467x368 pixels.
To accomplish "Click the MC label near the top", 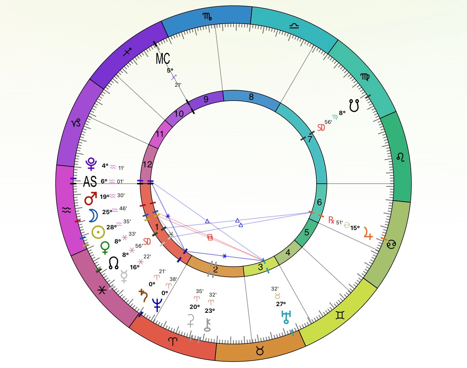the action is point(163,58).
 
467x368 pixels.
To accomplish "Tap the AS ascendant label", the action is point(90,182).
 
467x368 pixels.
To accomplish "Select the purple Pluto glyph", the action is point(91,164).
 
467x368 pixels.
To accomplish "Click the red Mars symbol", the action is point(91,198).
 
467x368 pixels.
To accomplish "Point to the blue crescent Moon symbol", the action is point(93,215).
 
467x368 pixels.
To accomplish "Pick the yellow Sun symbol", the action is point(98,232).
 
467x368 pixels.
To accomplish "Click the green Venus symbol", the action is point(105,247).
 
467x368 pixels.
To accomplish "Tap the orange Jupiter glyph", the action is point(368,233).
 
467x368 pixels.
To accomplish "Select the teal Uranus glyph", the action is point(286,317).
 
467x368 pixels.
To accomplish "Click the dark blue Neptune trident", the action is point(157,305).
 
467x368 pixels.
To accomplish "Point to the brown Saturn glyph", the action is point(143,295).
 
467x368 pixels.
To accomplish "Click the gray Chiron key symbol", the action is point(207,325).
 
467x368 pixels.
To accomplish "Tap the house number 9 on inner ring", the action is point(206,99).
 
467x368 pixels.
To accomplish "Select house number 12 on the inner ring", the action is point(147,164).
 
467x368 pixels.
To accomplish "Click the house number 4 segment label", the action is point(288,252).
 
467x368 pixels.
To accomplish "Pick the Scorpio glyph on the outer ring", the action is point(207,16).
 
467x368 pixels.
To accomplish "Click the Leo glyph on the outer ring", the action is point(400,157).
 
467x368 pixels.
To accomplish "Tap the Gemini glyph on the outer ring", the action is point(340,315).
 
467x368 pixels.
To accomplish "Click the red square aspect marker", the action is point(210,237).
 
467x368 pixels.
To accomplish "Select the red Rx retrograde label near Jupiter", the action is point(331,220).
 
